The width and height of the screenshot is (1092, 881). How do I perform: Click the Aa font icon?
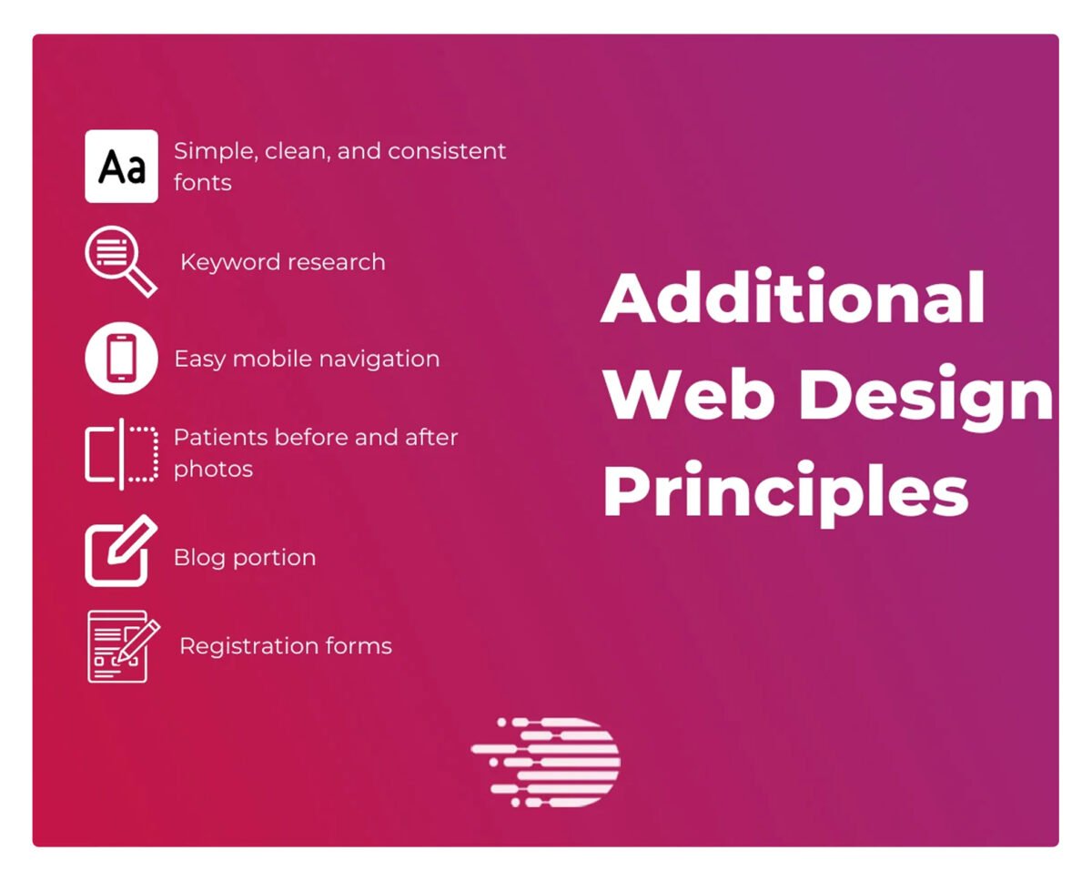point(121,166)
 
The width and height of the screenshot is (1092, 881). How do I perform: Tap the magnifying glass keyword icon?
point(121,262)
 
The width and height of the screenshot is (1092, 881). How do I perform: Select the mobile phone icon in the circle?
point(121,359)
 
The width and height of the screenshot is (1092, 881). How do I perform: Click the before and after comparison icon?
point(121,454)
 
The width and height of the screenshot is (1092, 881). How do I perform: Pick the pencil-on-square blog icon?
point(121,551)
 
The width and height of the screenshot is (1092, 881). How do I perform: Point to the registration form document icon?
point(124,646)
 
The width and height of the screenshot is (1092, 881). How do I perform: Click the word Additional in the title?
point(793,298)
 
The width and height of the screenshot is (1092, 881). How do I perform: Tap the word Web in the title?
point(689,394)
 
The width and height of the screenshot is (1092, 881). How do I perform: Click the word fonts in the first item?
point(202,182)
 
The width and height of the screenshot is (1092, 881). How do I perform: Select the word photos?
point(213,470)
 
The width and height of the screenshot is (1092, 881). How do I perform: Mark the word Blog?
point(199,558)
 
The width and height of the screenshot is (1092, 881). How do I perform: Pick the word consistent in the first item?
point(447,151)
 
